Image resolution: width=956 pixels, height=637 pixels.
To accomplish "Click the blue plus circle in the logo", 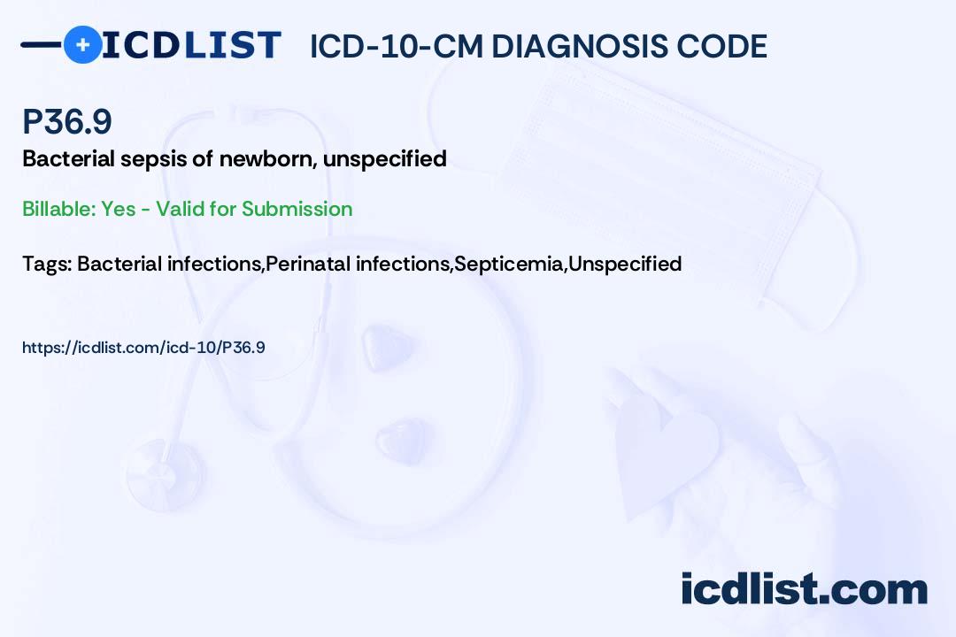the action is (x=82, y=44).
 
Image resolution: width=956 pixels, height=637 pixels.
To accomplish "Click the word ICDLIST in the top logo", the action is (x=191, y=45).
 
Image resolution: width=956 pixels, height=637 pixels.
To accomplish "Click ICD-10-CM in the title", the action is (x=397, y=47).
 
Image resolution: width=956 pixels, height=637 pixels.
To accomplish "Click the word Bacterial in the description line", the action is (x=69, y=158).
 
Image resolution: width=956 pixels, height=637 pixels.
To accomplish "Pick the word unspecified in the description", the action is (x=385, y=160).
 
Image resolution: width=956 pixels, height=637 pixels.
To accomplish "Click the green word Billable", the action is (x=58, y=209).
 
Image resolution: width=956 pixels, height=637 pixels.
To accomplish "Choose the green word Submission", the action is (x=297, y=209).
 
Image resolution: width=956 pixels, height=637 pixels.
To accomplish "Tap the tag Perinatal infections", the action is (x=358, y=264).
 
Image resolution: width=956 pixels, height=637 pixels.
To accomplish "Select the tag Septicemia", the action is (x=509, y=264).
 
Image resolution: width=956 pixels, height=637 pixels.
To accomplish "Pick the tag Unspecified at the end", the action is (x=625, y=264).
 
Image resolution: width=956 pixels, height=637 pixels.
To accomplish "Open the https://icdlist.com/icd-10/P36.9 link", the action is (x=143, y=348).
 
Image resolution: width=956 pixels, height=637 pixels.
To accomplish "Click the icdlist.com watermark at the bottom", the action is (x=804, y=588).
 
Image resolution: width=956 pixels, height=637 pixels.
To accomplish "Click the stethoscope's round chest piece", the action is (x=164, y=475).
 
